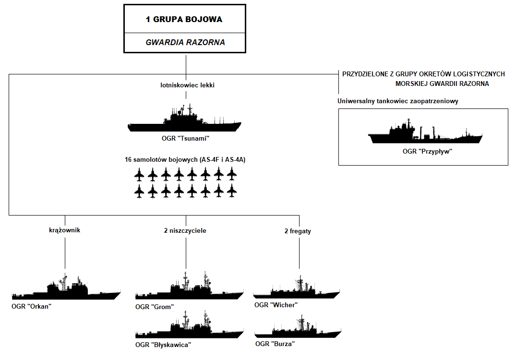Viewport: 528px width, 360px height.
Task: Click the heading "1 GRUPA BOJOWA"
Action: [184, 20]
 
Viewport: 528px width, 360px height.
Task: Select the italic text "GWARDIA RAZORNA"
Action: [185, 42]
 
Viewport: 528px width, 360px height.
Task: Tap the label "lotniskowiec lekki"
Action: [185, 85]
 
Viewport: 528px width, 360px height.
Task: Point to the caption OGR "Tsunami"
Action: [186, 139]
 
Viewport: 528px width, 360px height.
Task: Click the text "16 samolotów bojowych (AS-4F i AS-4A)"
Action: [185, 159]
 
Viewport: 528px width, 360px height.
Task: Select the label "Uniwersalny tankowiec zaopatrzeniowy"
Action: [398, 101]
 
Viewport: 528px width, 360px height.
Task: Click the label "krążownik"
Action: [64, 230]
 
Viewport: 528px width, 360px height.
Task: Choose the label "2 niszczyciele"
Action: [185, 230]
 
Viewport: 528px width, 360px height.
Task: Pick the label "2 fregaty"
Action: [298, 231]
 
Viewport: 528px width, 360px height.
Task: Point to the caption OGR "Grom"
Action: [154, 307]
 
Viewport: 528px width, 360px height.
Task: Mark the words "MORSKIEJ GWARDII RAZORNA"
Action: [442, 84]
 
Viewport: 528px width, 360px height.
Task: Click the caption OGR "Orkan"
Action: [31, 306]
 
